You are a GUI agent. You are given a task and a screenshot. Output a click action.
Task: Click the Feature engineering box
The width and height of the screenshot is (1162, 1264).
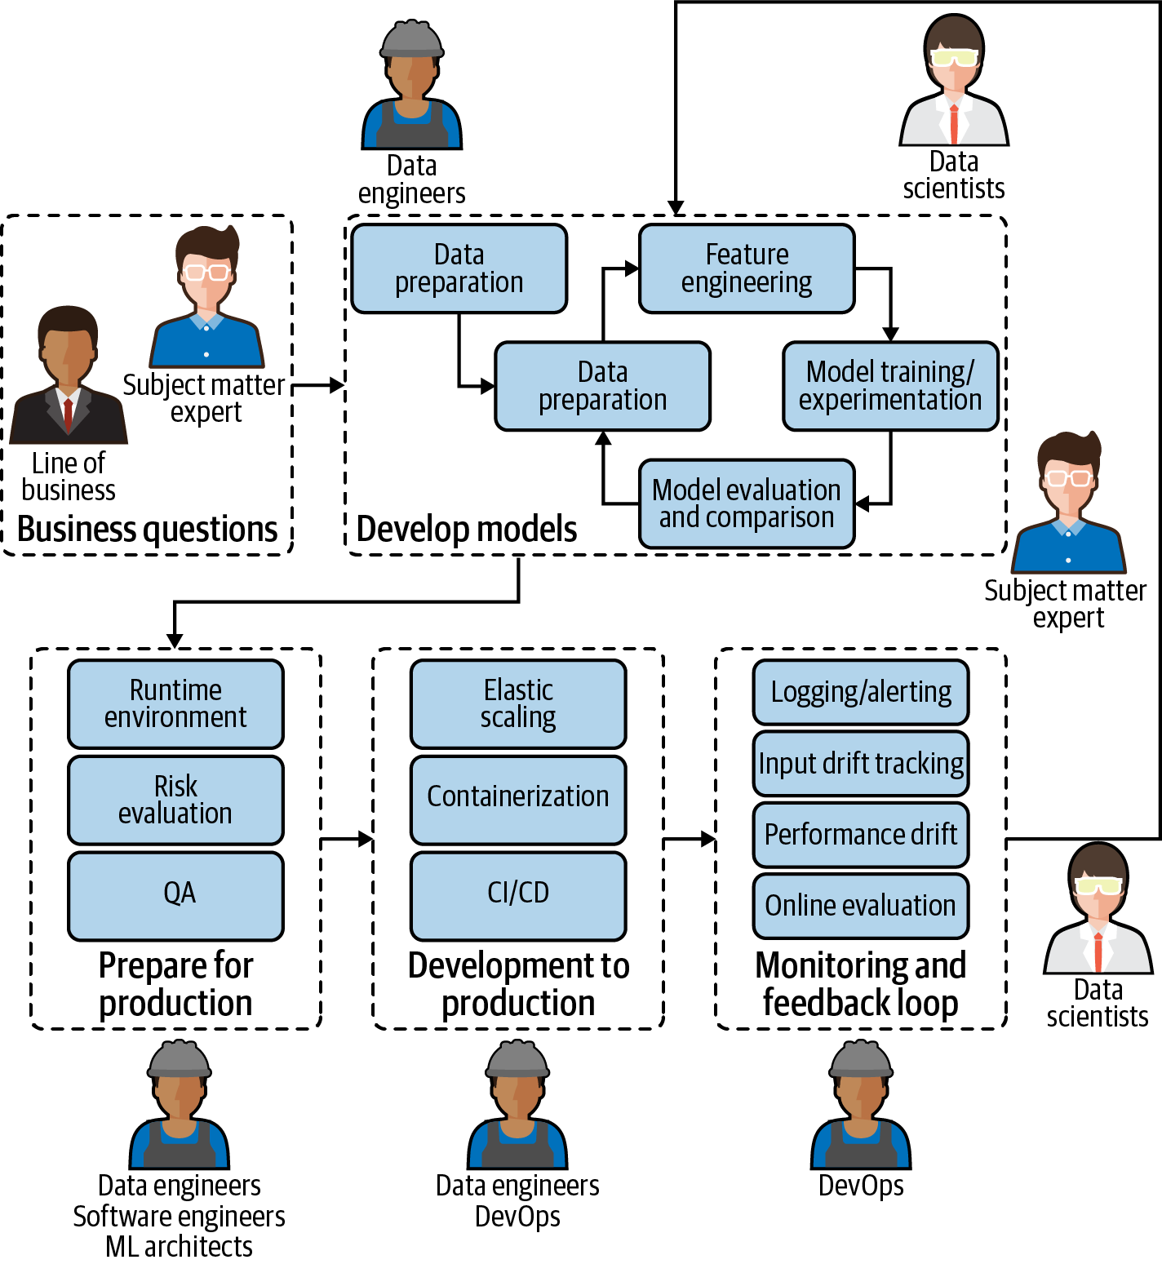(x=747, y=268)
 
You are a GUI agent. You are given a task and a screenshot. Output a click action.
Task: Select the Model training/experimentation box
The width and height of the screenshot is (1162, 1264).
(x=890, y=386)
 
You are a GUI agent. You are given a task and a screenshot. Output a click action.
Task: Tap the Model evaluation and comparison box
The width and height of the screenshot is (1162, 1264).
(x=747, y=503)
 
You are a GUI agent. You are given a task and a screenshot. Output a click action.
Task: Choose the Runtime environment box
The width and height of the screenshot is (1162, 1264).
(x=175, y=703)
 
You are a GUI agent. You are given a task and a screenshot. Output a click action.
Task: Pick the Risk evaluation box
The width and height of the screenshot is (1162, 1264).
(x=175, y=800)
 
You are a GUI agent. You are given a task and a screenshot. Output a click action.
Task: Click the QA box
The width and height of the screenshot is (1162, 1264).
(x=175, y=895)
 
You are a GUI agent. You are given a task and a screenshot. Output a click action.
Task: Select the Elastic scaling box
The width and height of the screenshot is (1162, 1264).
(x=518, y=703)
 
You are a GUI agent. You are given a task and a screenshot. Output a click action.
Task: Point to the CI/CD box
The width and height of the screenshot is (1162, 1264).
(x=518, y=895)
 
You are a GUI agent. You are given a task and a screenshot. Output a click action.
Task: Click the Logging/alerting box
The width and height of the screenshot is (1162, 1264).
(x=861, y=692)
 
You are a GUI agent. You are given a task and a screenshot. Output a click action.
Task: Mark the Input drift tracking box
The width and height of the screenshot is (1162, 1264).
(x=861, y=764)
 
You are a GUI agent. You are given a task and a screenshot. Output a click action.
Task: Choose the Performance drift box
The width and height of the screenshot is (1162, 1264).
(x=861, y=835)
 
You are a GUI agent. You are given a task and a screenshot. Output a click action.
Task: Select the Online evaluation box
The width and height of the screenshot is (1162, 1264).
(x=861, y=906)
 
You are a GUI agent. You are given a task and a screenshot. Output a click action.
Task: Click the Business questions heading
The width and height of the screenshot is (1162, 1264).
(x=148, y=529)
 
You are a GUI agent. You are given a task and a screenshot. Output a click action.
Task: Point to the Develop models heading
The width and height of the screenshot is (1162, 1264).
(x=467, y=529)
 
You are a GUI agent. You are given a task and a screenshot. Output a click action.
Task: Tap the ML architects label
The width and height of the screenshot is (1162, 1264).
(x=179, y=1246)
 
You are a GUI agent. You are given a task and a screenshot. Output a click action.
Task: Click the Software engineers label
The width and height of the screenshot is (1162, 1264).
(x=179, y=1216)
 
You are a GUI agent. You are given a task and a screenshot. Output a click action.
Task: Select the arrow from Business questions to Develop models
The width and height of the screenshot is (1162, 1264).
(x=318, y=385)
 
